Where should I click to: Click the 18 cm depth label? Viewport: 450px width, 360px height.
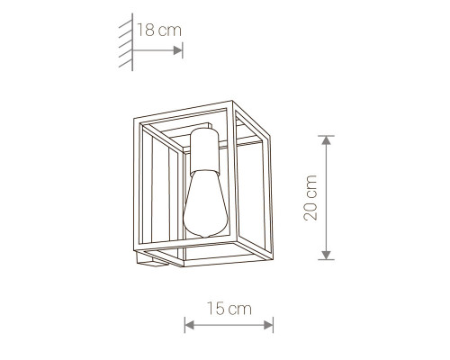click(x=159, y=30)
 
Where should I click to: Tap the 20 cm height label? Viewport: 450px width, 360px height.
click(x=310, y=198)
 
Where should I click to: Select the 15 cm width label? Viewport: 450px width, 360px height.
click(x=229, y=309)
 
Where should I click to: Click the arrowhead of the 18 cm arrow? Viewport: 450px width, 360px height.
click(x=178, y=50)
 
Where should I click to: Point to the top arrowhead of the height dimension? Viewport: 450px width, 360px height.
click(x=326, y=140)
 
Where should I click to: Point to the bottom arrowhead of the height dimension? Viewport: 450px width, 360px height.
click(x=326, y=255)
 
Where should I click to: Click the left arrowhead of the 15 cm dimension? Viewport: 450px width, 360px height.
click(x=189, y=325)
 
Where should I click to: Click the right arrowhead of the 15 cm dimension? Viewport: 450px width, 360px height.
click(x=268, y=325)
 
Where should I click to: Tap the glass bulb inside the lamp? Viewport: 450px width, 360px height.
click(x=205, y=204)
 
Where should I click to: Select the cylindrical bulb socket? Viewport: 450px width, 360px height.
click(x=205, y=150)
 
